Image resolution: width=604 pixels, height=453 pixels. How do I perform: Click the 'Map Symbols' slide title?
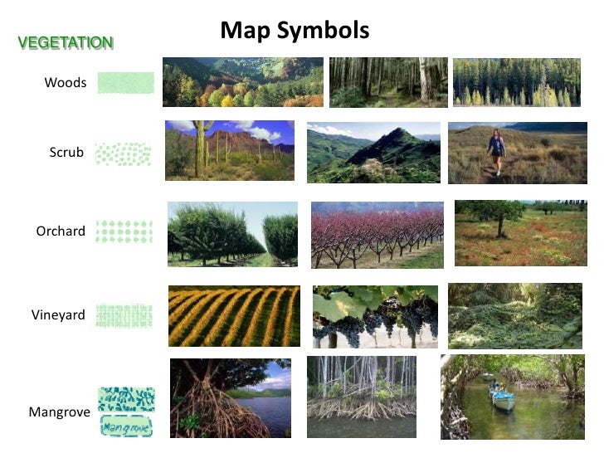(295, 31)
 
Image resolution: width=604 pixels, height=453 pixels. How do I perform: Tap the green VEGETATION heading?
(66, 42)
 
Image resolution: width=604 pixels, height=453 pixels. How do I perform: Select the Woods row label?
(66, 82)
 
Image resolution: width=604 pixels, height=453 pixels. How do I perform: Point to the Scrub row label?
(66, 152)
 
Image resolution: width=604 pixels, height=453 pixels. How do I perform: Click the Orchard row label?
(61, 231)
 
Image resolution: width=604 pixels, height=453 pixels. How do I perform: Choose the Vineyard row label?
(59, 314)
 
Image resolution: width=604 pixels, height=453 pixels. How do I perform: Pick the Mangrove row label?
(59, 411)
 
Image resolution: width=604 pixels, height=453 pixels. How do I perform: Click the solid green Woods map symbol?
(125, 82)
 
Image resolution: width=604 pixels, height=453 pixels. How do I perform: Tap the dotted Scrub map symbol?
(123, 153)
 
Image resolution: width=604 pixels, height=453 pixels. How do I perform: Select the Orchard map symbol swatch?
(124, 231)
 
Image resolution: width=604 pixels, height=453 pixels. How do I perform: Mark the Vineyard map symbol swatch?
(124, 315)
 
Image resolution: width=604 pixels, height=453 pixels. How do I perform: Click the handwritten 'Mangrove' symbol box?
(125, 426)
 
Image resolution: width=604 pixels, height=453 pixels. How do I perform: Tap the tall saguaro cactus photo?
(229, 150)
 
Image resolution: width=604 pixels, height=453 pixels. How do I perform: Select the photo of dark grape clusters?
(375, 317)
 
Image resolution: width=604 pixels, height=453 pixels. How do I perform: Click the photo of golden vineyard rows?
(234, 316)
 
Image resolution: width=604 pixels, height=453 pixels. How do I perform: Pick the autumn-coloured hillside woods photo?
(242, 82)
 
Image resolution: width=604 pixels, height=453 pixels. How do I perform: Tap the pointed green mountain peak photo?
(373, 153)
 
